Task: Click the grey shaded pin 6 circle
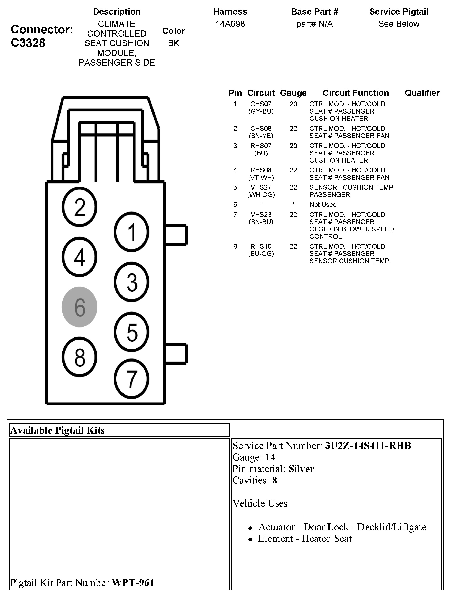79,307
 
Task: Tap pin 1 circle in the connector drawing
131,232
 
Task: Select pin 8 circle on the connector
79,357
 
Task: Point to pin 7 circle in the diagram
131,379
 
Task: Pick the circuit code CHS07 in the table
261,104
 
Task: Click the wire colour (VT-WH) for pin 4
261,178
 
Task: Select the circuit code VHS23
261,215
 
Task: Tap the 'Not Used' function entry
323,205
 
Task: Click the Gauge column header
293,93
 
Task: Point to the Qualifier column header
422,93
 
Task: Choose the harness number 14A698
230,24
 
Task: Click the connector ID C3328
28,43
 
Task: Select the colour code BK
173,43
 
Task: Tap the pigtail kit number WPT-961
133,582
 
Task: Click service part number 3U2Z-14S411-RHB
368,446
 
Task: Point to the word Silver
301,469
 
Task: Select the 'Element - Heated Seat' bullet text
305,538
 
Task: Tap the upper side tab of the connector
176,235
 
